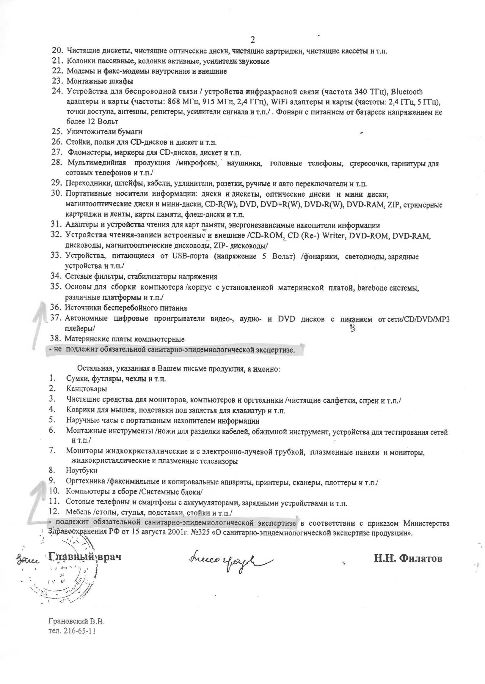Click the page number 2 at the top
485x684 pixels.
(x=252, y=40)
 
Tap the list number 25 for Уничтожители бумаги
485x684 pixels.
(x=56, y=132)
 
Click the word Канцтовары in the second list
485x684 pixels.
(x=86, y=389)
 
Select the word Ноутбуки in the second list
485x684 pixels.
(x=81, y=471)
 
